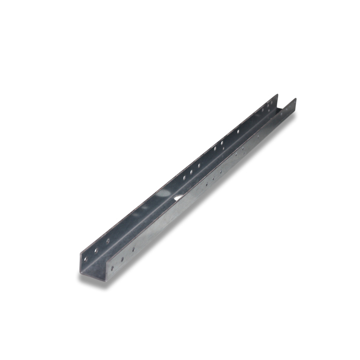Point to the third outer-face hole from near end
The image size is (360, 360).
[x=134, y=249]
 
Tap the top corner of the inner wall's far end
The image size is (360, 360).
[x=277, y=95]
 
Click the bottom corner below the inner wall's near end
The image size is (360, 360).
[x=80, y=273]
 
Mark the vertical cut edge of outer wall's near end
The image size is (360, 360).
[x=101, y=272]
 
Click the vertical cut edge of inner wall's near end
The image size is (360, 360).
[x=80, y=263]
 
